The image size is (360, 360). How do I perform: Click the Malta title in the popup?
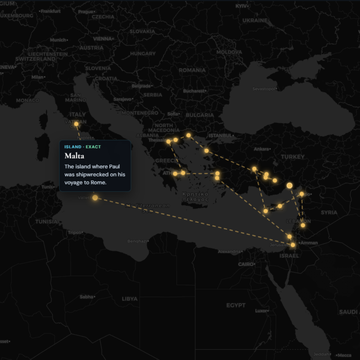click(74, 156)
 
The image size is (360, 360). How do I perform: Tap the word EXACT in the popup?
click(93, 147)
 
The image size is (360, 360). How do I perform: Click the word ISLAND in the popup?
click(73, 147)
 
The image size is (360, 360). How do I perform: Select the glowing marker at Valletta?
click(95, 198)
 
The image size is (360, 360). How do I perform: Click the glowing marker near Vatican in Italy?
click(76, 124)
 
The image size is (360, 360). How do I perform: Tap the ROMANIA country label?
click(192, 70)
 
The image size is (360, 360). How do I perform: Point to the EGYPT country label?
click(236, 305)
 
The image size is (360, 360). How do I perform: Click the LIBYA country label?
click(130, 299)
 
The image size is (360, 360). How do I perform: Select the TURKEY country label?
click(292, 157)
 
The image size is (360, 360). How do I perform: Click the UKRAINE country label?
click(255, 21)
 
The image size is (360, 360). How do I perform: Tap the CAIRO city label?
click(246, 264)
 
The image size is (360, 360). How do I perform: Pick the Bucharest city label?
click(194, 91)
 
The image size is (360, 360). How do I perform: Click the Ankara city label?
click(262, 149)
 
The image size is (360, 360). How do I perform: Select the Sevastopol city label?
click(265, 89)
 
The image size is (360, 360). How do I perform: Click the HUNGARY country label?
click(143, 54)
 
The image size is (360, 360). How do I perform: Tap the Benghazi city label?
click(137, 241)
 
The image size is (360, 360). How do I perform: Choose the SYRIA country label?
click(329, 212)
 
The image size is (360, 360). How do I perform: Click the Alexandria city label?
click(229, 252)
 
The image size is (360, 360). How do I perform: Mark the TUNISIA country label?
click(46, 222)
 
